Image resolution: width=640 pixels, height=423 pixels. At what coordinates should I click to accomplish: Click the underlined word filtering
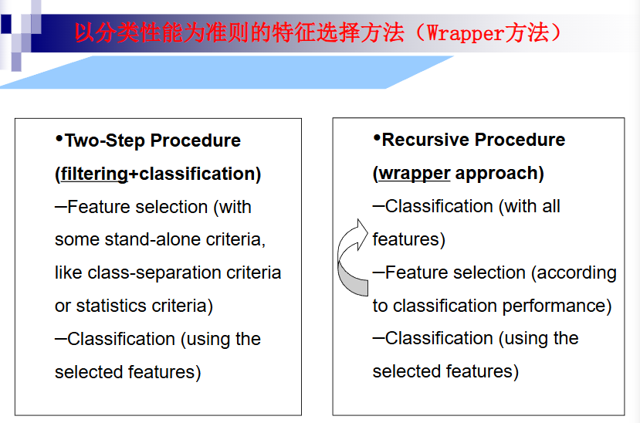93,174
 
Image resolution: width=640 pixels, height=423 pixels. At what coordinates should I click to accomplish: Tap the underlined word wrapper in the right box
414,173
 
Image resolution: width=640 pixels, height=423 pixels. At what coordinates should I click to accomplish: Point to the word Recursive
422,140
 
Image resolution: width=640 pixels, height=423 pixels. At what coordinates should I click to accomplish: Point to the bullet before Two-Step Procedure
59,138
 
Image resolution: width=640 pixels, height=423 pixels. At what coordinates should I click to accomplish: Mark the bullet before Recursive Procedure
377,137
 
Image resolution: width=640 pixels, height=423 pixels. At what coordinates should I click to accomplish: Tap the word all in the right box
551,206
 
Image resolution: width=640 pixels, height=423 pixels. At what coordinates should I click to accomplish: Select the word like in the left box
69,272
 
